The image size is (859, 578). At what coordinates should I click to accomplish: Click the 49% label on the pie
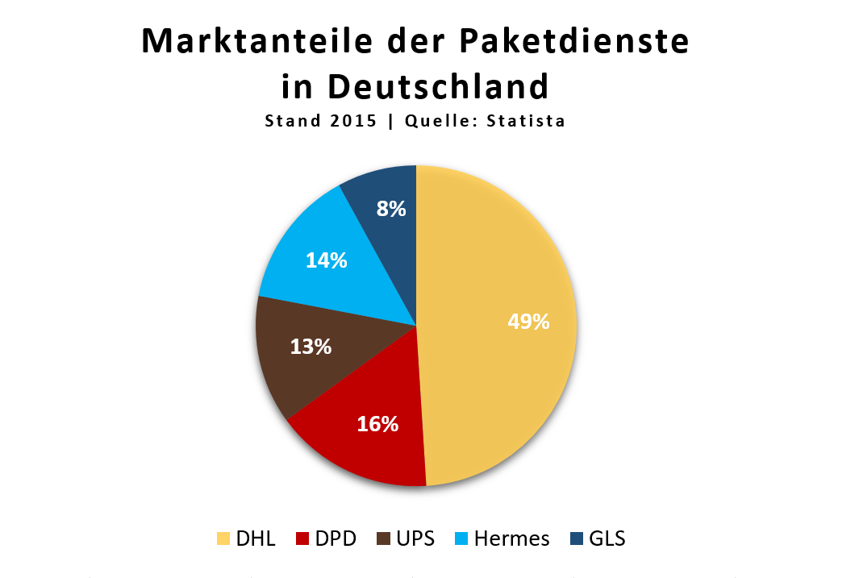(x=528, y=322)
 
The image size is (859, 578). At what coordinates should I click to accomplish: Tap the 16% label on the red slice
(x=377, y=423)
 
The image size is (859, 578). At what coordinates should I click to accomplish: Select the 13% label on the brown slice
(x=311, y=347)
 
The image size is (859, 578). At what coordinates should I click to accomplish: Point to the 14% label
(x=327, y=260)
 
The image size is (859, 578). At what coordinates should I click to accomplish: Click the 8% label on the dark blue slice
(x=391, y=210)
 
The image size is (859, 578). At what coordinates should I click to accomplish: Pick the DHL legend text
(x=256, y=538)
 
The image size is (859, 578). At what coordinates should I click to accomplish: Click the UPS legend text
(x=415, y=538)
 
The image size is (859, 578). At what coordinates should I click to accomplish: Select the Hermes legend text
(x=512, y=538)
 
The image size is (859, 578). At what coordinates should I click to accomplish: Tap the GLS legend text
(x=607, y=538)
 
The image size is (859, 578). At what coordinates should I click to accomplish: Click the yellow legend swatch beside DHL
(x=223, y=538)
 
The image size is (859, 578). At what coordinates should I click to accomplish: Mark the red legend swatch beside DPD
(x=303, y=538)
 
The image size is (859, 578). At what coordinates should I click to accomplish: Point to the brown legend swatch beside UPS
(x=382, y=538)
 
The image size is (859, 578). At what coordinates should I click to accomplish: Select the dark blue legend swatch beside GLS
(x=577, y=538)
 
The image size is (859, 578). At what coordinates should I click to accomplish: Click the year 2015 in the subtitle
(x=352, y=122)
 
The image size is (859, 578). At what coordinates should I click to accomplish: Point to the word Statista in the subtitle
(x=525, y=122)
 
